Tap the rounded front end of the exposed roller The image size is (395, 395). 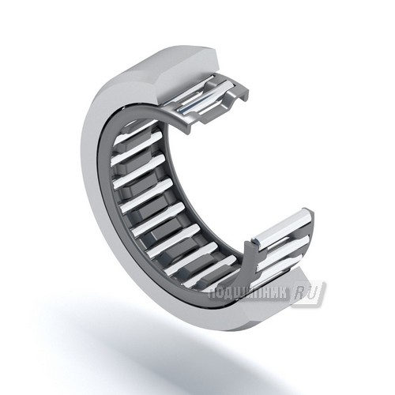(256, 241)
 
